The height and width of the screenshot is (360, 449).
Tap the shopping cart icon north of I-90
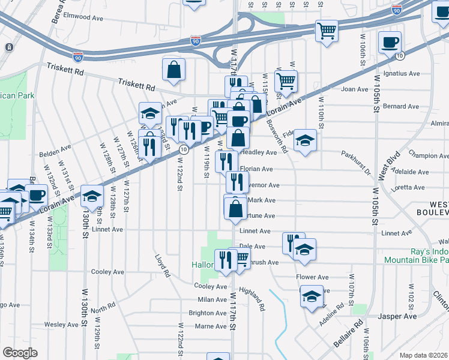[x=326, y=29]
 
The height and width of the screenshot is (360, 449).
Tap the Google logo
[x=20, y=353]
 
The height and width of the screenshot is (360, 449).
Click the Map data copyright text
[x=424, y=355]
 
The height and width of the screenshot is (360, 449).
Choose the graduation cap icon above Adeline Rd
[x=311, y=297]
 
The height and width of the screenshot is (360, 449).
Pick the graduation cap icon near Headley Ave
[x=305, y=140]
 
